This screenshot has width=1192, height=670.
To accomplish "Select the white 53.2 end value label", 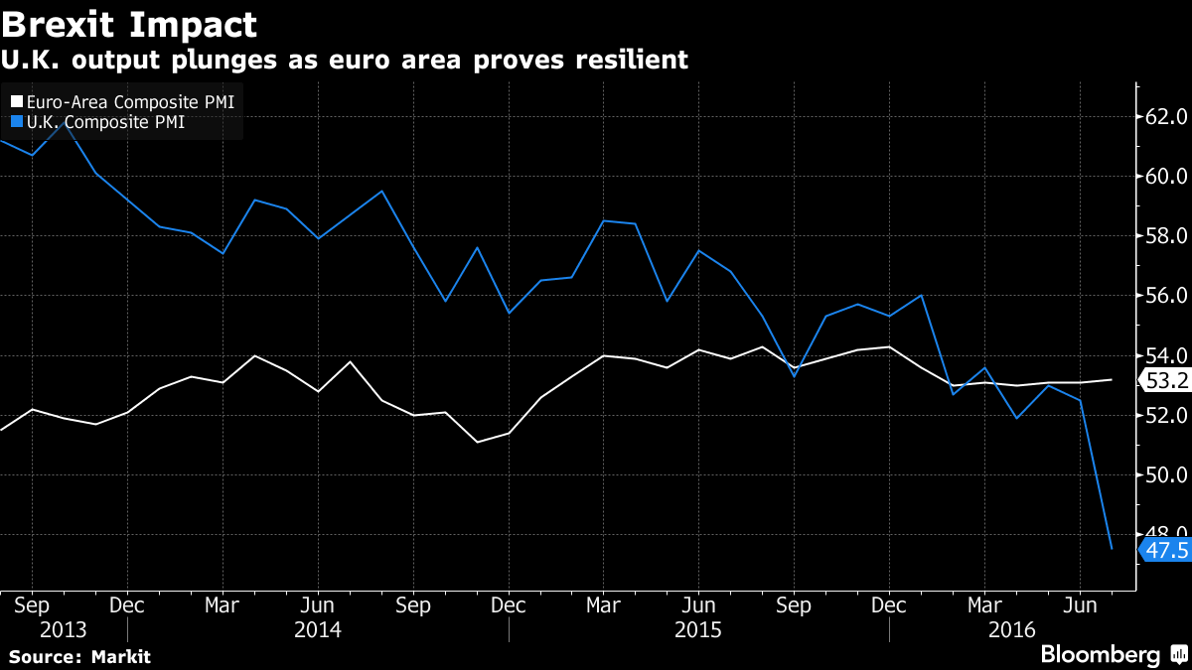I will [x=1165, y=380].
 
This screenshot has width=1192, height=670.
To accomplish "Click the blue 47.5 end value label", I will [x=1165, y=549].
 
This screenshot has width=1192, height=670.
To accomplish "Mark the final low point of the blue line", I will [x=1112, y=548].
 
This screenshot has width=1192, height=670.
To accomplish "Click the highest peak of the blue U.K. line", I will [x=65, y=123].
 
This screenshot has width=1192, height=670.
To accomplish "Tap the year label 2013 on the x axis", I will [x=64, y=629].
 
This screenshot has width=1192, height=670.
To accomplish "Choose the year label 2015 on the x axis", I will [x=698, y=629].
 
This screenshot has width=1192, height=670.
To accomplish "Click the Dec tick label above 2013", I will [x=126, y=603].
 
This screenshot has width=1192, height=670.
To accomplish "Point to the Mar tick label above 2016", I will [x=984, y=603].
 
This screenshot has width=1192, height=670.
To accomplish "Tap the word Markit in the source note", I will [x=120, y=656].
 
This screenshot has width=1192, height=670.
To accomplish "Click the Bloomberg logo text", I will [x=1100, y=654].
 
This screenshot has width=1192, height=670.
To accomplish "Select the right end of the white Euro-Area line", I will [x=1112, y=379].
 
